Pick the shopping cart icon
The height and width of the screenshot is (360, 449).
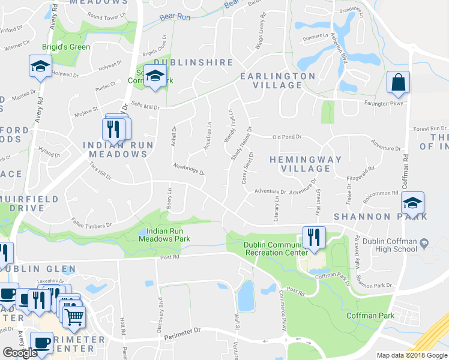[x=74, y=316]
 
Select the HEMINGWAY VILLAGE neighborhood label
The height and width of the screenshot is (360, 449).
[x=305, y=164]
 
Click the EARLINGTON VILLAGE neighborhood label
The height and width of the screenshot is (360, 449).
[x=277, y=80]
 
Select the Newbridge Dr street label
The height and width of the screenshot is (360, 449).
[x=190, y=169]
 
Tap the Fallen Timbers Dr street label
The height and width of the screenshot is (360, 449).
[x=91, y=223]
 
